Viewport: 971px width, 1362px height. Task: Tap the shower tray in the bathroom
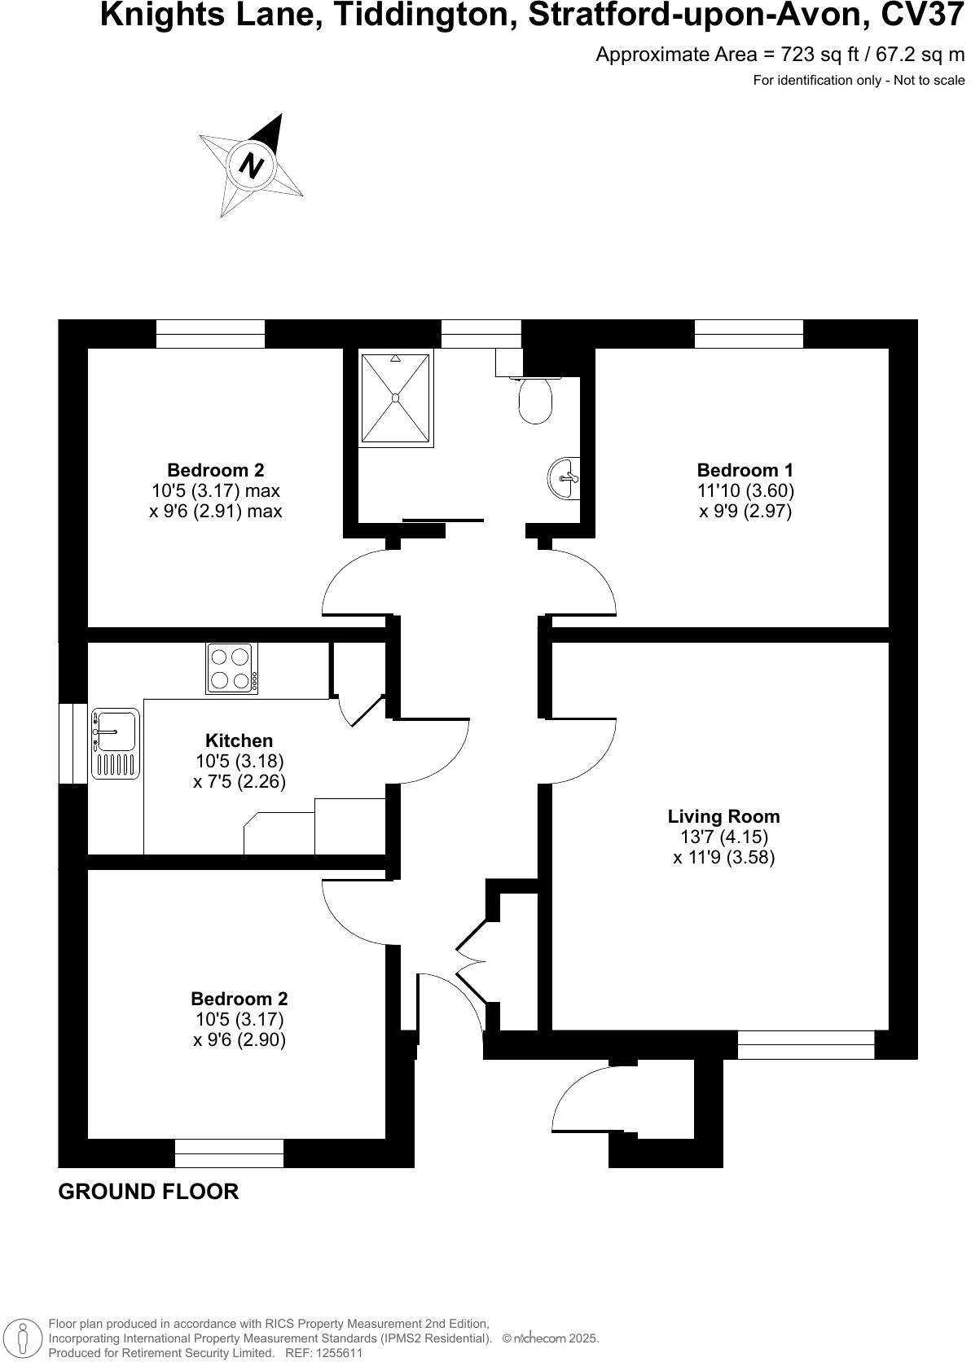point(395,398)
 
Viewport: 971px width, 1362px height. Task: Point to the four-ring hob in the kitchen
point(231,668)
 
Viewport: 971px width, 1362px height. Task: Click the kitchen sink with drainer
point(116,742)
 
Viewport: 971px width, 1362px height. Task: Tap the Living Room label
point(723,816)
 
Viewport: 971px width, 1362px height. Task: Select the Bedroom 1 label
point(745,470)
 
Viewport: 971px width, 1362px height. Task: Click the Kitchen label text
point(239,740)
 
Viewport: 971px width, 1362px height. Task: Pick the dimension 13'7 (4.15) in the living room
point(723,837)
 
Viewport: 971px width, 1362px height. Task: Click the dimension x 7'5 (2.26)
point(239,782)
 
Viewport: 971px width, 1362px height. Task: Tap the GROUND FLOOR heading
point(148,1192)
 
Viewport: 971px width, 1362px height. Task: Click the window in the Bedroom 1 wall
point(749,334)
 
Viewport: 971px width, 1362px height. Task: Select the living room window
point(806,1044)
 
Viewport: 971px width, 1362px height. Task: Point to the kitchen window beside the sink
point(73,743)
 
